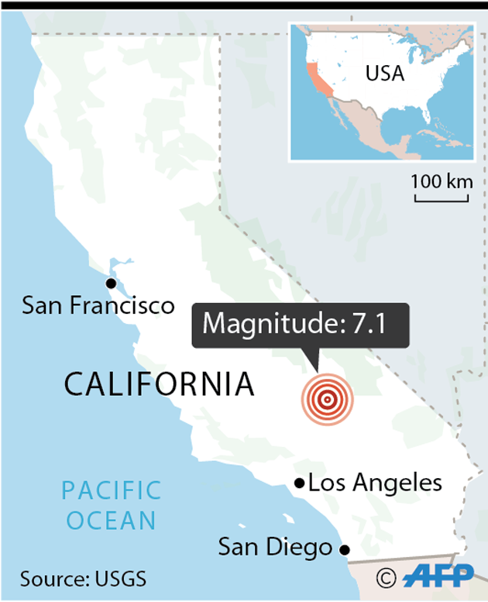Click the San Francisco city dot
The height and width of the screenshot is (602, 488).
pyautogui.click(x=112, y=284)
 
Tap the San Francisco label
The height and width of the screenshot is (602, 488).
pyautogui.click(x=98, y=305)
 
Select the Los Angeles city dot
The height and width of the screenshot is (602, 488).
pyautogui.click(x=299, y=483)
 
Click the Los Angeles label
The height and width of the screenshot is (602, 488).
pyautogui.click(x=375, y=483)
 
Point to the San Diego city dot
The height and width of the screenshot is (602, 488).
pyautogui.click(x=345, y=549)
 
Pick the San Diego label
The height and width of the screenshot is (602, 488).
pyautogui.click(x=274, y=548)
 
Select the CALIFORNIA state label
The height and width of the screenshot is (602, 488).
pyautogui.click(x=159, y=384)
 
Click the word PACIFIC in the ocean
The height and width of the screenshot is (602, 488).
pyautogui.click(x=112, y=490)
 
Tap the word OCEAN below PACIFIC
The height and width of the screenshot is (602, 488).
pyautogui.click(x=112, y=520)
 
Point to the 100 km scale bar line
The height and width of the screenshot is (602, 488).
pyautogui.click(x=441, y=200)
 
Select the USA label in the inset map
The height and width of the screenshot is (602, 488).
pyautogui.click(x=384, y=74)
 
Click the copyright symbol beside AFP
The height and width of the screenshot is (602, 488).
pyautogui.click(x=387, y=578)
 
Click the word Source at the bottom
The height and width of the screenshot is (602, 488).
pyautogui.click(x=51, y=579)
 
